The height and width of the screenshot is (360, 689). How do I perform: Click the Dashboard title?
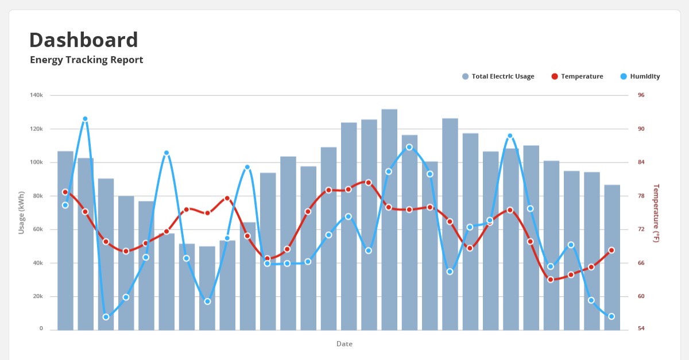[84, 40]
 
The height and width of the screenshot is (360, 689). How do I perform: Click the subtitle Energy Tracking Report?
[87, 60]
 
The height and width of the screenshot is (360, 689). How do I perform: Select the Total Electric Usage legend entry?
[498, 76]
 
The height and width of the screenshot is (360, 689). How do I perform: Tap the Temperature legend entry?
[577, 76]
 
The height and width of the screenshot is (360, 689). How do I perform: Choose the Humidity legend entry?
[640, 76]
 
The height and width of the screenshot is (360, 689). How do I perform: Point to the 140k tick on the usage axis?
[36, 95]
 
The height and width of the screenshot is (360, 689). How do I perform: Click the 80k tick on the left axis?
[37, 196]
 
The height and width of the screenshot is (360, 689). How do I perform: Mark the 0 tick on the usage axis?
[41, 328]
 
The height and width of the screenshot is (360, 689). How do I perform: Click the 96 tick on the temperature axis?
[641, 95]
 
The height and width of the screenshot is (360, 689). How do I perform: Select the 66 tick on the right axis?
[641, 263]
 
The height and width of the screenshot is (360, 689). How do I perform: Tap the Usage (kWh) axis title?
[21, 212]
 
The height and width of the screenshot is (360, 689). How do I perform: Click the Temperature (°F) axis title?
[656, 213]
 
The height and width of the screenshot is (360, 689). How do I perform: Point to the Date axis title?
[344, 344]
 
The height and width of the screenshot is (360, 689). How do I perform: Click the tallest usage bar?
[389, 220]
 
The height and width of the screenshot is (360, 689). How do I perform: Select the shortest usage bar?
[207, 288]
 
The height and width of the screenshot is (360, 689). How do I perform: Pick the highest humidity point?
[85, 119]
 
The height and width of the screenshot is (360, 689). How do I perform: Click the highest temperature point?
[369, 183]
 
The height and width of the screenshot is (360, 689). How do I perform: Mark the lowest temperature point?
[551, 280]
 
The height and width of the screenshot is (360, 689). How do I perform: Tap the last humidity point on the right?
[611, 316]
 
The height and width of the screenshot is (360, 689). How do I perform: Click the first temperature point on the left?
[65, 192]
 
